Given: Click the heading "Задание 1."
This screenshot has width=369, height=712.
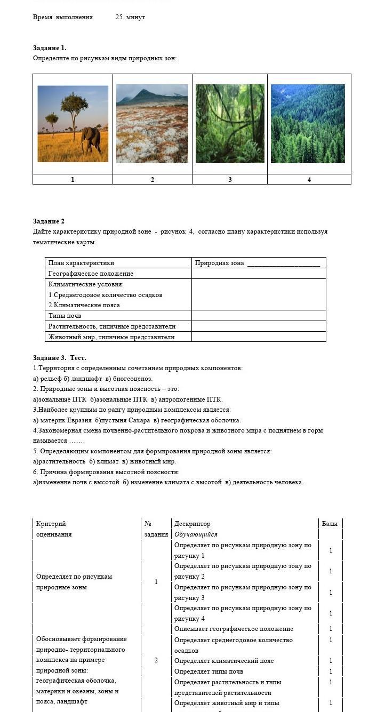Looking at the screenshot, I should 50,48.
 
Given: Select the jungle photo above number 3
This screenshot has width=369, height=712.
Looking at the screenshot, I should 230,123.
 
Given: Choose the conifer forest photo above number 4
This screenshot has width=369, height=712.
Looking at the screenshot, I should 308,123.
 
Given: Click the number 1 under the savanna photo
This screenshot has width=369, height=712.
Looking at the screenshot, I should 73,180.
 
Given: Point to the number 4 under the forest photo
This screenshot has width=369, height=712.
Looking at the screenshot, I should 309,180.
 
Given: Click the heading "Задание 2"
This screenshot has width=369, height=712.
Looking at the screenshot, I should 49,221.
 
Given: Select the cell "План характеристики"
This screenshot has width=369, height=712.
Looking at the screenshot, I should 81,263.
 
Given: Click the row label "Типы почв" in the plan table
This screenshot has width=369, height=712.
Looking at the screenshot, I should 65,316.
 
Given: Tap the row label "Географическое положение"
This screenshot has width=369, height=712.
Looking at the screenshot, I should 91,274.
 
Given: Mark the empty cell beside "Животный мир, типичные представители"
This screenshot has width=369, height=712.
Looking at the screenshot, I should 259,337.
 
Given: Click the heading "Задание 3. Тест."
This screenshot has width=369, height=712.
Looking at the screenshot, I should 59,358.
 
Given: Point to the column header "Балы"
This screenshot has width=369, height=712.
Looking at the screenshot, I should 330,524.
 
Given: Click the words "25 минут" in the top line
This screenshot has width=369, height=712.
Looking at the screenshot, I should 130,17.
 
